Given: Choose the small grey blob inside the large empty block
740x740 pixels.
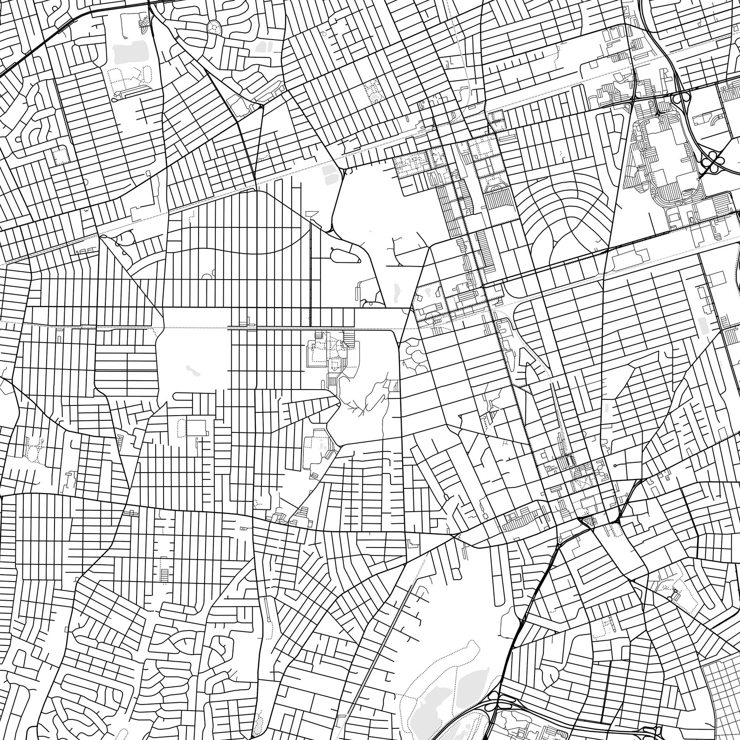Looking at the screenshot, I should tap(191, 370).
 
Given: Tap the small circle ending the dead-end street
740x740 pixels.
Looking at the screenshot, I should tap(616, 465).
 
